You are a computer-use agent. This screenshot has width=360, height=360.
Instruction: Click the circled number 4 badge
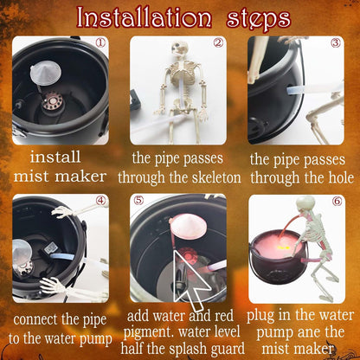(x=101, y=202)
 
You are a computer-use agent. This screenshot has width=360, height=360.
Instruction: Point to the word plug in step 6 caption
(x=263, y=315)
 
